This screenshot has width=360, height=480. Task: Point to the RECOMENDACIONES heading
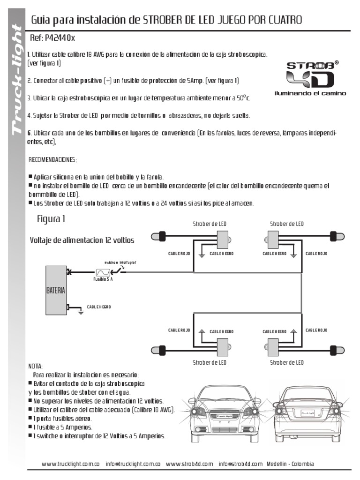[x=53, y=160]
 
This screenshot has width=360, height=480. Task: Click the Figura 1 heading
[x=51, y=219]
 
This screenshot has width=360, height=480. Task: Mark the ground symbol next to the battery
[x=80, y=310]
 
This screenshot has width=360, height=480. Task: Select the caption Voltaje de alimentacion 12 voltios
[x=82, y=240]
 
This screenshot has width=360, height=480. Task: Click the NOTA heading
[x=35, y=366]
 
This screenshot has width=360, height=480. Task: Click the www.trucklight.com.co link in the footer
[x=70, y=464]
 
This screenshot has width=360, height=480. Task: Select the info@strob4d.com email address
[x=240, y=464]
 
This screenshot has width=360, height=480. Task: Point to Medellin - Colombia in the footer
[x=291, y=464]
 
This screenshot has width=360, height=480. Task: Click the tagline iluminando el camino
[x=310, y=93]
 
